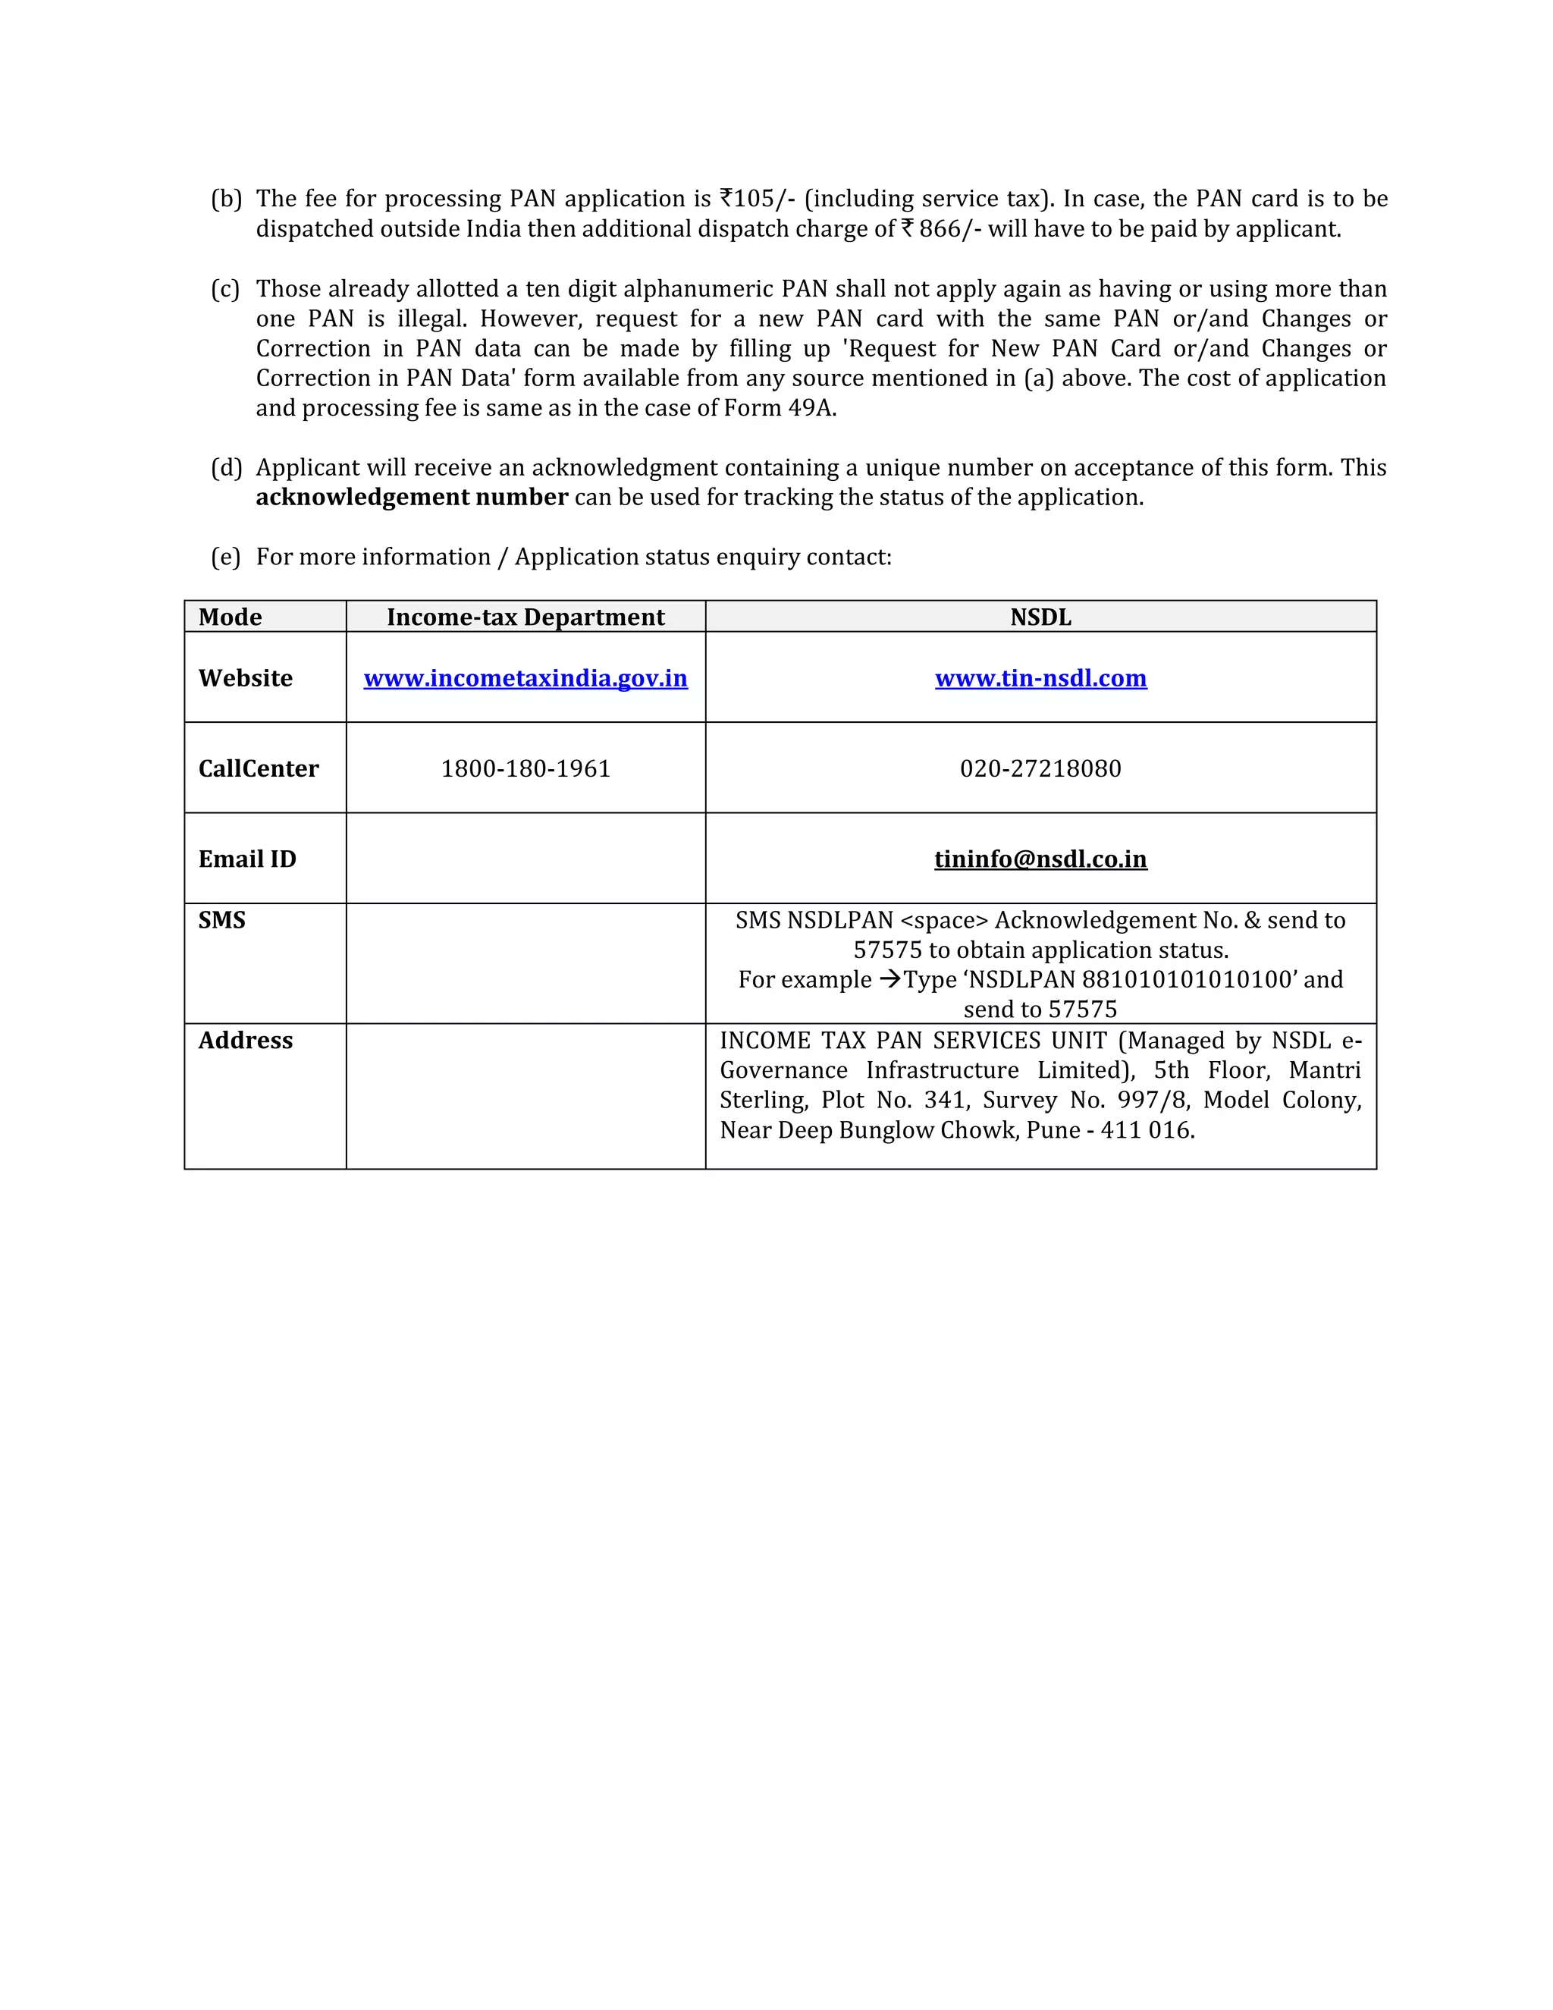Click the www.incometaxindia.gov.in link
pyautogui.click(x=526, y=678)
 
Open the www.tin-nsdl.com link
pyautogui.click(x=1040, y=678)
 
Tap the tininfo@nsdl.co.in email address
pyautogui.click(x=1040, y=859)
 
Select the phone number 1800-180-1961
pyautogui.click(x=526, y=768)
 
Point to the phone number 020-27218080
pyautogui.click(x=1040, y=768)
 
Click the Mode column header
pyautogui.click(x=230, y=617)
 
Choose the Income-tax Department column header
pyautogui.click(x=526, y=617)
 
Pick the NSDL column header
pyautogui.click(x=1040, y=617)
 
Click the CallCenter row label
pyautogui.click(x=259, y=768)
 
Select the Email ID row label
pyautogui.click(x=247, y=859)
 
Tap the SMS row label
pyautogui.click(x=221, y=920)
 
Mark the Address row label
pyautogui.click(x=246, y=1040)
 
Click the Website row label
pyautogui.click(x=246, y=678)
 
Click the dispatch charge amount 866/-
pyautogui.click(x=949, y=229)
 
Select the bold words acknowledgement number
pyautogui.click(x=411, y=498)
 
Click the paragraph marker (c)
pyautogui.click(x=225, y=289)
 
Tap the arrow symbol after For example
pyautogui.click(x=889, y=979)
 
